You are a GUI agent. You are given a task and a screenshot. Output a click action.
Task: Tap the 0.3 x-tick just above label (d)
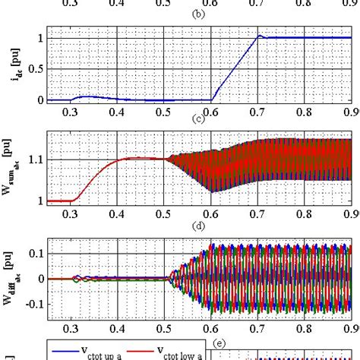tap(71, 215)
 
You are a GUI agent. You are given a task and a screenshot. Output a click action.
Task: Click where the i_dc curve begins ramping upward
tap(211, 99)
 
